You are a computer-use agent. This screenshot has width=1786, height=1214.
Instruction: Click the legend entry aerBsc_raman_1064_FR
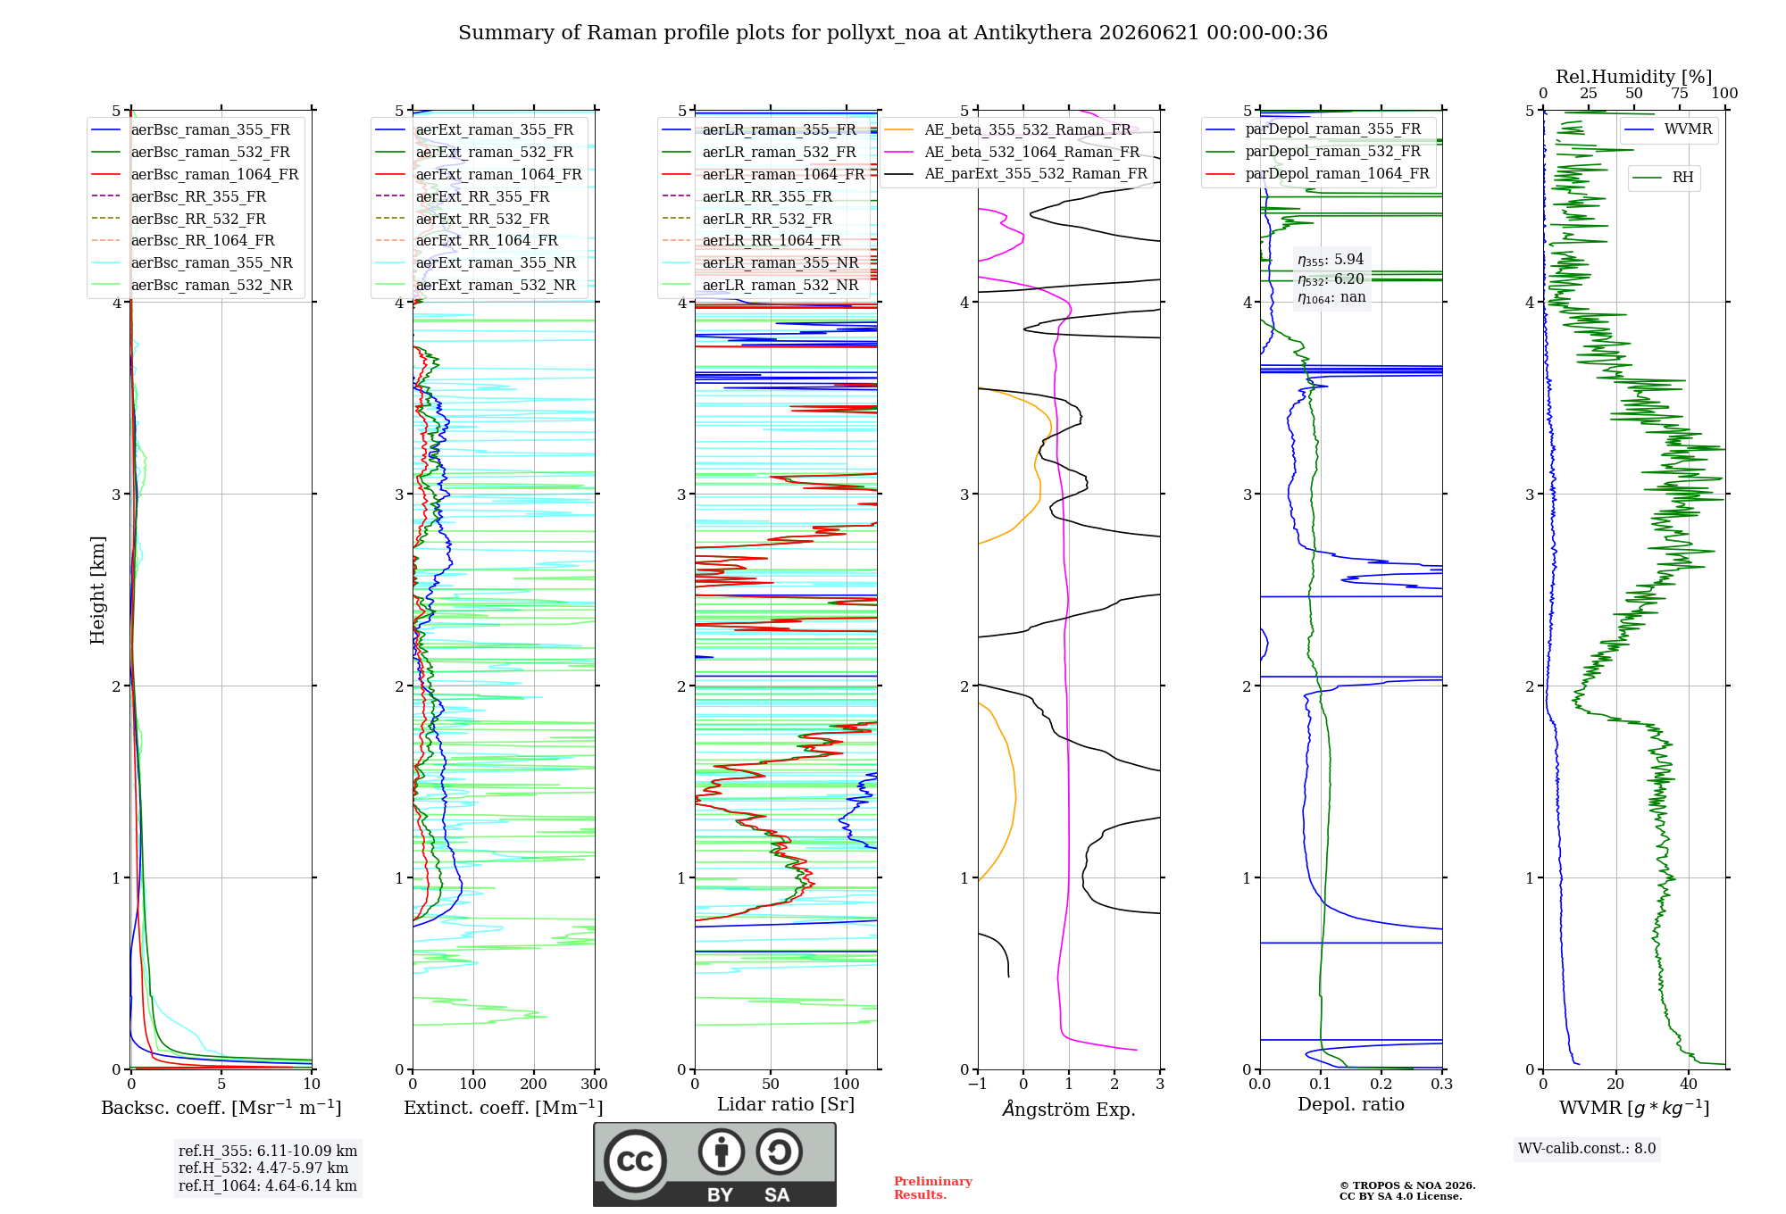click(214, 174)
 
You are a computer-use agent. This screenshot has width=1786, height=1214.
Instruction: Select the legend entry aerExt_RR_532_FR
click(482, 219)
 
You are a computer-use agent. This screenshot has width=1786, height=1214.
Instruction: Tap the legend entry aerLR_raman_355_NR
click(780, 262)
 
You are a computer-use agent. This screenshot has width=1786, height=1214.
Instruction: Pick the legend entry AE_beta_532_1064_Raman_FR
click(1031, 152)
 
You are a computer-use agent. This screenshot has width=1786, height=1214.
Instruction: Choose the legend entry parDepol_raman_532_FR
click(1332, 151)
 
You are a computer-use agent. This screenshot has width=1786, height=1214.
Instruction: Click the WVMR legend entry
click(1688, 129)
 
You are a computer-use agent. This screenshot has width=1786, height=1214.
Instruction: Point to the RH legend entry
click(1682, 178)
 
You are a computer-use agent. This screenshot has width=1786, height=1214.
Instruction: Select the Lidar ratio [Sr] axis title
click(786, 1104)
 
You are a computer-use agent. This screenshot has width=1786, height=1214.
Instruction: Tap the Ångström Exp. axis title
click(1069, 1109)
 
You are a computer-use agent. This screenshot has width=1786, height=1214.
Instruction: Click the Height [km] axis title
click(97, 590)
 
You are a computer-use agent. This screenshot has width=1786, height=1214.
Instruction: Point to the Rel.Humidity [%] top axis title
click(1634, 77)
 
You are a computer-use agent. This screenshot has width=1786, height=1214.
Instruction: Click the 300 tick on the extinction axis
click(594, 1085)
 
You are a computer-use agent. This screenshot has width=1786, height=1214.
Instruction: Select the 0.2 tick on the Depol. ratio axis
click(1381, 1085)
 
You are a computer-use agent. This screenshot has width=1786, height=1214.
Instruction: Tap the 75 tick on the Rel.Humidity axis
click(1680, 93)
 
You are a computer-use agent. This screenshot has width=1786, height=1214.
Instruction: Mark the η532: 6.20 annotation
click(1331, 279)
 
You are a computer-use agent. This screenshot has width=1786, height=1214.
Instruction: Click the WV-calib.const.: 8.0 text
click(1587, 1149)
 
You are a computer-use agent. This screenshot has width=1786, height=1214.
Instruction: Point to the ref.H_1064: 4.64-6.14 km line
click(268, 1185)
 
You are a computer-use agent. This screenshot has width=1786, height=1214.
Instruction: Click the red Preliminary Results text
click(933, 1188)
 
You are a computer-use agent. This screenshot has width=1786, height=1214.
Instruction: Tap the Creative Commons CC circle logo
click(635, 1160)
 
